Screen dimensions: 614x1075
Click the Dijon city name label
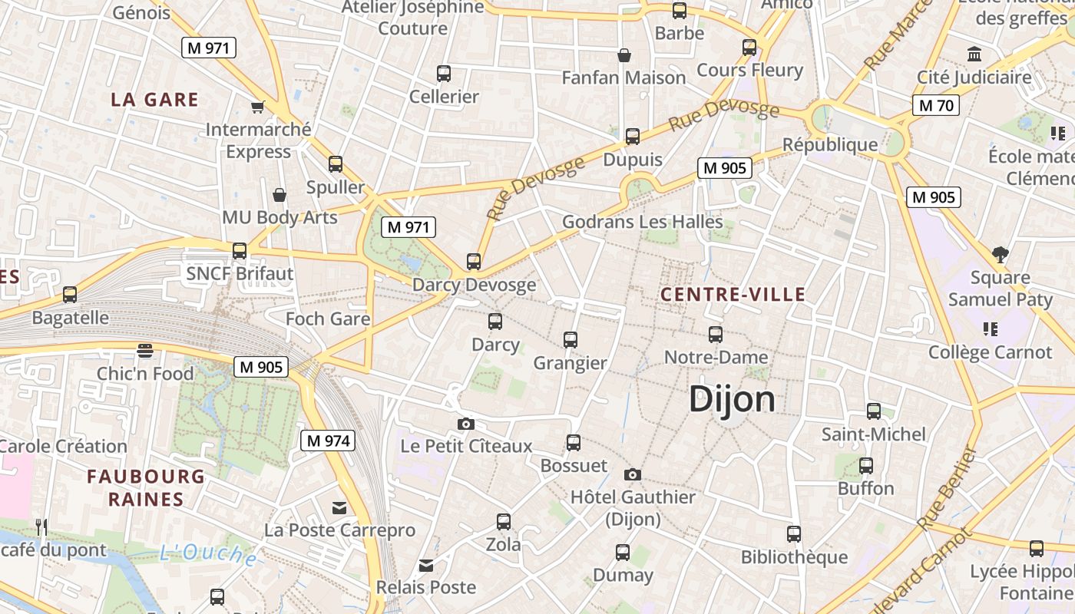point(732,399)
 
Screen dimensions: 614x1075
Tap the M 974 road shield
point(328,441)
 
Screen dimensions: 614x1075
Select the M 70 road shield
point(936,105)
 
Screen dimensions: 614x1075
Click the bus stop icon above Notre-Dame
point(716,334)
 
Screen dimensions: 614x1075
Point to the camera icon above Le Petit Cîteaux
point(465,424)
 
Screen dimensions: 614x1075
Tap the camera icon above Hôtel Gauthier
point(632,474)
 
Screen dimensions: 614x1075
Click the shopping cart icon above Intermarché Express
point(258,107)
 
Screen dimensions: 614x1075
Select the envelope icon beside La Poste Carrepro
point(339,508)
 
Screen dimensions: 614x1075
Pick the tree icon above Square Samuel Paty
point(1000,254)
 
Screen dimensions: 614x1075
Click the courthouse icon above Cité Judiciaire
point(974,54)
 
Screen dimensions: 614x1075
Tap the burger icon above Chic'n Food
point(145,351)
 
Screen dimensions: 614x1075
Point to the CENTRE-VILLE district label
point(733,294)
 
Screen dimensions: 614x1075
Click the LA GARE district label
point(154,100)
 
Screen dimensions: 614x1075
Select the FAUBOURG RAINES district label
point(146,488)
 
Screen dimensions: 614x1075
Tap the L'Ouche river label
point(208,553)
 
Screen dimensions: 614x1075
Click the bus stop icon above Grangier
point(570,339)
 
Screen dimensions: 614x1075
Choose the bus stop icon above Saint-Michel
point(874,411)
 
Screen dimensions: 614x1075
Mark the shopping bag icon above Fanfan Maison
point(624,55)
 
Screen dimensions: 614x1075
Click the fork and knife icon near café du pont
point(41,527)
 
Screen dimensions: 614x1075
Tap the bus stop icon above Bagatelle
point(70,294)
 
